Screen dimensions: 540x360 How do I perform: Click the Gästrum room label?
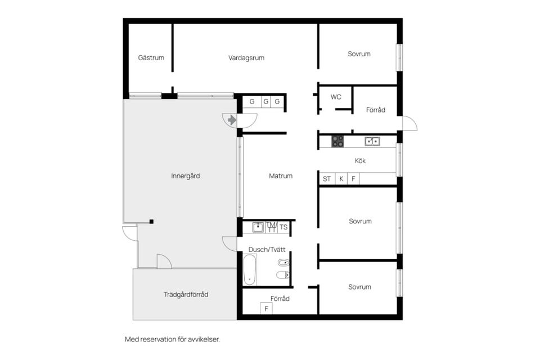[151, 57]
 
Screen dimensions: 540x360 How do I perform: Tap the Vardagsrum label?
[246, 58]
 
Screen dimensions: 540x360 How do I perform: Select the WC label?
[336, 97]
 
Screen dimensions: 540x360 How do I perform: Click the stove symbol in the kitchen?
[337, 141]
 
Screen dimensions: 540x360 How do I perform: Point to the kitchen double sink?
[372, 141]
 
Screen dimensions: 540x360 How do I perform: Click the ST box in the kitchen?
[327, 179]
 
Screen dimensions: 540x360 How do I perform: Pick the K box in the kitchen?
[341, 179]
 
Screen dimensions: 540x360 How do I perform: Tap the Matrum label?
[281, 175]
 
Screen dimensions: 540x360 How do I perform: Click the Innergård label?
[185, 175]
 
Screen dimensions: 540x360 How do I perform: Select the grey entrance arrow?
[232, 120]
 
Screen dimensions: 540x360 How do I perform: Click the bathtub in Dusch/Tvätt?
[250, 269]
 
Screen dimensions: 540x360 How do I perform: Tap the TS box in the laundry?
[283, 227]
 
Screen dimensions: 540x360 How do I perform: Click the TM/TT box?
[271, 227]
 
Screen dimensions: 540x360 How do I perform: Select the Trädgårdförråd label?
[186, 295]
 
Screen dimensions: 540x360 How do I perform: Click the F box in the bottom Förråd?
[266, 309]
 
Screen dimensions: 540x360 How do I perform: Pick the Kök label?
[360, 160]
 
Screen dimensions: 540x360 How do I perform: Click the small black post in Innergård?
[151, 222]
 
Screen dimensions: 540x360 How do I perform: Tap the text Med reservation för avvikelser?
[172, 339]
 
